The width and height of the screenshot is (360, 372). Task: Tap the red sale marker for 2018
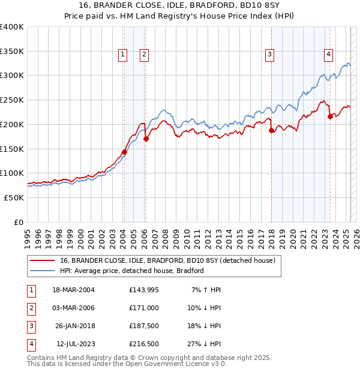pyautogui.click(x=271, y=130)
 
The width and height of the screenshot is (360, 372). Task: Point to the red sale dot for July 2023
pyautogui.click(x=329, y=116)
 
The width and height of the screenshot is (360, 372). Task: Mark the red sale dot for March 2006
pyautogui.click(x=145, y=138)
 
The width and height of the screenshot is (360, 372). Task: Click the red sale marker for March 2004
pyautogui.click(x=124, y=152)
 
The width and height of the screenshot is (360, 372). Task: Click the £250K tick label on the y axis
pyautogui.click(x=12, y=100)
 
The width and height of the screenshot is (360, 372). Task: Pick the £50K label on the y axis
pyautogui.click(x=14, y=197)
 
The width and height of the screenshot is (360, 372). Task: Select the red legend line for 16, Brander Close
pyautogui.click(x=43, y=260)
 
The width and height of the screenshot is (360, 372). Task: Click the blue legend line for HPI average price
pyautogui.click(x=43, y=271)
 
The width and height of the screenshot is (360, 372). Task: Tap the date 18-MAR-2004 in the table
pyautogui.click(x=73, y=290)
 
